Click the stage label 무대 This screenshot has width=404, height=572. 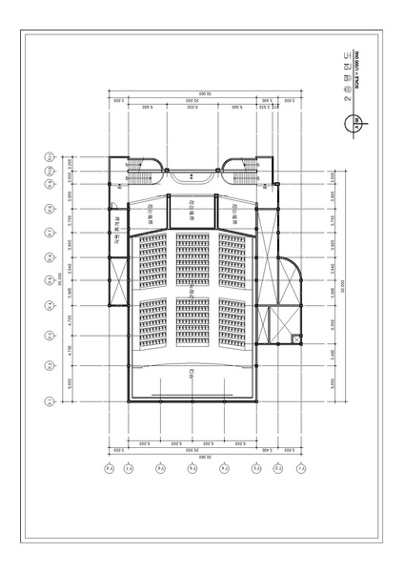coord(192,375)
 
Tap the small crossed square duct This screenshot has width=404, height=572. coord(296,337)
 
